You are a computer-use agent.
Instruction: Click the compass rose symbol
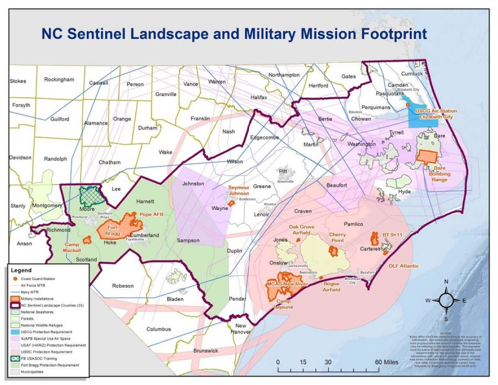tap(445, 301)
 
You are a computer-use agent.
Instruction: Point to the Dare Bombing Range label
tap(436, 173)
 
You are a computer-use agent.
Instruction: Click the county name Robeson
tap(122, 285)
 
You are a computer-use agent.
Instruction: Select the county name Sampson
tap(187, 240)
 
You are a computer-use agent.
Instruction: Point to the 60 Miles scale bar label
tap(367, 361)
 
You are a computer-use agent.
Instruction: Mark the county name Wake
tap(166, 152)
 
